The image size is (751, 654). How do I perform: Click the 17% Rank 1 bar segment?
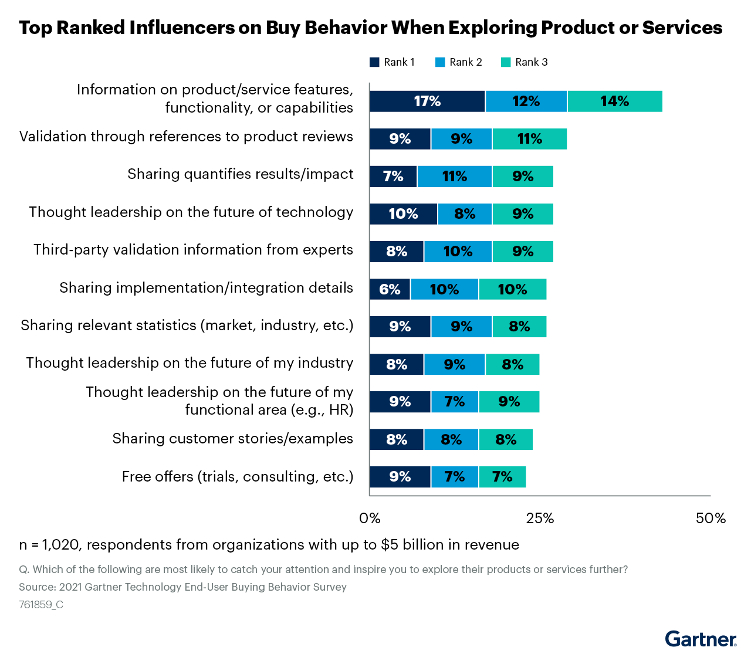click(427, 101)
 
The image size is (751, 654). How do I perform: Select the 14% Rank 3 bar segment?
click(614, 101)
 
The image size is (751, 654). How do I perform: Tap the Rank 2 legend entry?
click(459, 62)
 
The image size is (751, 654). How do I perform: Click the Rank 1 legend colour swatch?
click(374, 62)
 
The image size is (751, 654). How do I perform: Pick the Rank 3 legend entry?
click(525, 62)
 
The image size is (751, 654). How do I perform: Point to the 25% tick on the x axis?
click(540, 519)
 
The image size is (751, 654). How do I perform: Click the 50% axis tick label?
click(711, 519)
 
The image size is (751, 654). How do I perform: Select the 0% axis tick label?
click(370, 519)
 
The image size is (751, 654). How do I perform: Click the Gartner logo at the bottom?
click(701, 639)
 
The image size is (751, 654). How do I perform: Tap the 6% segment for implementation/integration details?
click(390, 289)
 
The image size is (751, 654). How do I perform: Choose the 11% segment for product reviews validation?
click(529, 139)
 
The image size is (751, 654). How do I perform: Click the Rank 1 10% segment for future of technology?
click(403, 214)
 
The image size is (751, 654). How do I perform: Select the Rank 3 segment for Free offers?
click(502, 477)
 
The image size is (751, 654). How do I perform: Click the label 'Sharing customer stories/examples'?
click(233, 439)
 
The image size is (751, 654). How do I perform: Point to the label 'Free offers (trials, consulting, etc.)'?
click(238, 476)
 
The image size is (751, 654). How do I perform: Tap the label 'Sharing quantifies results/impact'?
click(241, 174)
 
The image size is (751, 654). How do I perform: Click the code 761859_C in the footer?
click(41, 605)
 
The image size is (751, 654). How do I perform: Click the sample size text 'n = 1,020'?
click(49, 545)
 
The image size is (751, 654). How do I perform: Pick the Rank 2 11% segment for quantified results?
click(455, 177)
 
